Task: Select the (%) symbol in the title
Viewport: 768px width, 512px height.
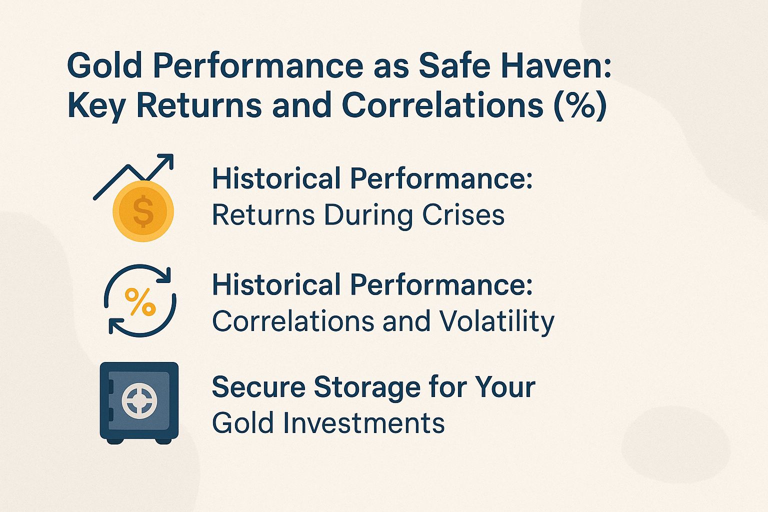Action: coord(580,105)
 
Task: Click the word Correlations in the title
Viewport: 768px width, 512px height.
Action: coord(442,105)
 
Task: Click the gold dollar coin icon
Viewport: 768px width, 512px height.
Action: coord(143,211)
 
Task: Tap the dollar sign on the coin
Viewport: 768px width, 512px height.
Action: coord(143,211)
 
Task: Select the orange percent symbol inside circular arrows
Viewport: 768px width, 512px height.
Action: coord(139,301)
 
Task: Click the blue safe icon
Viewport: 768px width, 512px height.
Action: coord(139,401)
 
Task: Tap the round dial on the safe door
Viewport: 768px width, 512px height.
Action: coord(139,400)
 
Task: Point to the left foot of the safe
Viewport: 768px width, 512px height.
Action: coord(115,441)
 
